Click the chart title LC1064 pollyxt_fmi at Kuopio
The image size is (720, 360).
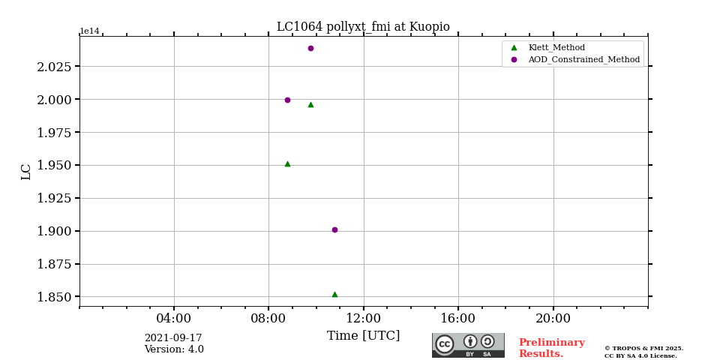pyautogui.click(x=363, y=27)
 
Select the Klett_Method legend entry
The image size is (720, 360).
pyautogui.click(x=556, y=47)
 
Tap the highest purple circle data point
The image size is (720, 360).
pyautogui.click(x=310, y=49)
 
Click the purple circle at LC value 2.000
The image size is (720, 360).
pyautogui.click(x=287, y=100)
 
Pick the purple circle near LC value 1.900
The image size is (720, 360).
pyautogui.click(x=334, y=229)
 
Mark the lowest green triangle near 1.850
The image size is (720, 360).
pyautogui.click(x=334, y=295)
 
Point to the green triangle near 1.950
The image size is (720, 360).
pyautogui.click(x=287, y=163)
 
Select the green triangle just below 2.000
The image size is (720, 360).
pyautogui.click(x=310, y=105)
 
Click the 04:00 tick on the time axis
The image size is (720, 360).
pyautogui.click(x=174, y=318)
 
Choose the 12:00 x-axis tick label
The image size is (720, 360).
pyautogui.click(x=363, y=318)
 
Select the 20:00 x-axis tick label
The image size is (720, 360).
pyautogui.click(x=553, y=318)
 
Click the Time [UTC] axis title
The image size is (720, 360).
pyautogui.click(x=363, y=336)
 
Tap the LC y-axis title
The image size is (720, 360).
pyautogui.click(x=26, y=171)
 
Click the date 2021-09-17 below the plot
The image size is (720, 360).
pyautogui.click(x=173, y=338)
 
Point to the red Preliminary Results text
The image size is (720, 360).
pyautogui.click(x=551, y=348)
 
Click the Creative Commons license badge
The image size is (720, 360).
pyautogui.click(x=468, y=345)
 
